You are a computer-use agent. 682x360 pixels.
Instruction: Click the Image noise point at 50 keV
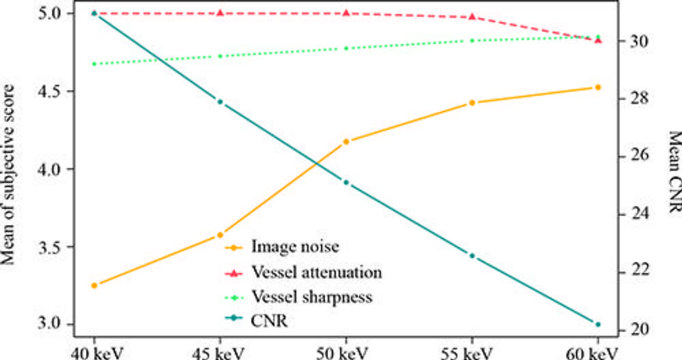point(346,141)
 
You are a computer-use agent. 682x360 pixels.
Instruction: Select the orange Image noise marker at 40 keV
point(94,285)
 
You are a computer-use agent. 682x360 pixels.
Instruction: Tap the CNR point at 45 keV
point(220,102)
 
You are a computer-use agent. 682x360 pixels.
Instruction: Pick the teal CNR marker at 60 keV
point(598,324)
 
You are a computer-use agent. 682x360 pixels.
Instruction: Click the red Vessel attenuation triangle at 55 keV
point(472,16)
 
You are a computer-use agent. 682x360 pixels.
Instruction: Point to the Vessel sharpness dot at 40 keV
point(94,63)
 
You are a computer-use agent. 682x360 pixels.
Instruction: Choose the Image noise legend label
point(295,246)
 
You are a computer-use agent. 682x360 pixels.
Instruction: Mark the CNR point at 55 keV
point(472,256)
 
